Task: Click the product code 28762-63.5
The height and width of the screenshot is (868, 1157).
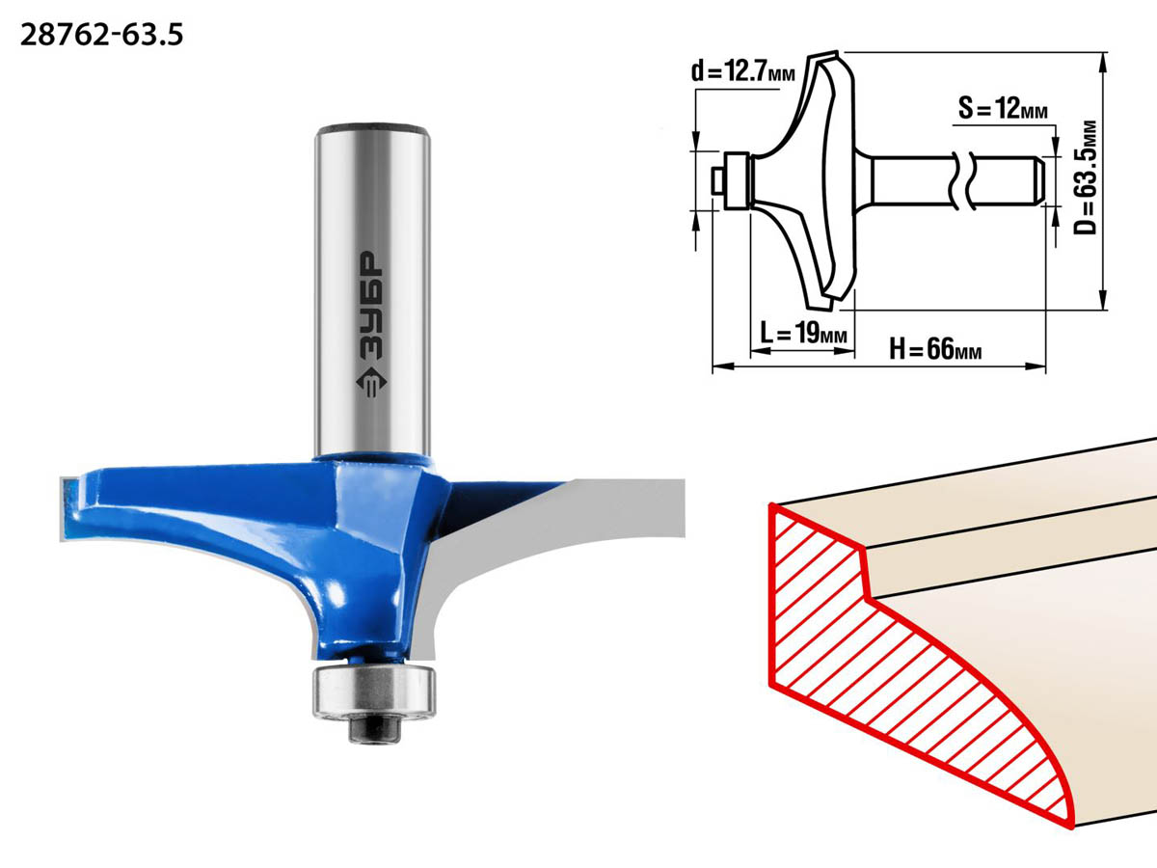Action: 102,36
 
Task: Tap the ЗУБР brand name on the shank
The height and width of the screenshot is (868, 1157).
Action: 372,305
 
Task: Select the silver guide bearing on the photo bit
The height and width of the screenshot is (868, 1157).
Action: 374,692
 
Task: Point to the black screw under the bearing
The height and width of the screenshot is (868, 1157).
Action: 374,729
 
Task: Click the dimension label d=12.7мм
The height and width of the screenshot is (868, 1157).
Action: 743,71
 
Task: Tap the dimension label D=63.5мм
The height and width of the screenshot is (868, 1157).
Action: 1086,177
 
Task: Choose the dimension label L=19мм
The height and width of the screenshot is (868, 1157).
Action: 803,333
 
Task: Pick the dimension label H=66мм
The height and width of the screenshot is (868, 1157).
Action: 935,348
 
